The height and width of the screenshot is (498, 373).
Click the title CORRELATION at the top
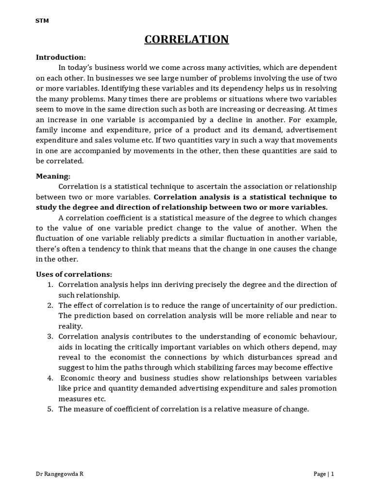coord(186,39)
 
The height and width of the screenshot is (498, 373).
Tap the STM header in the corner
coord(42,20)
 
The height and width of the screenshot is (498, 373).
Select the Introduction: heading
coord(61,57)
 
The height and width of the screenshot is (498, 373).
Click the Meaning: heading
coord(53,177)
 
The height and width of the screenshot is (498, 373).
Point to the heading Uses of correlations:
coord(74,274)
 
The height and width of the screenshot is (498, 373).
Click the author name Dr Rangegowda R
coord(60,474)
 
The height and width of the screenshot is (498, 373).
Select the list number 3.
coord(50,337)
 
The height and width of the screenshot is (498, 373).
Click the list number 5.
coord(50,409)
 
